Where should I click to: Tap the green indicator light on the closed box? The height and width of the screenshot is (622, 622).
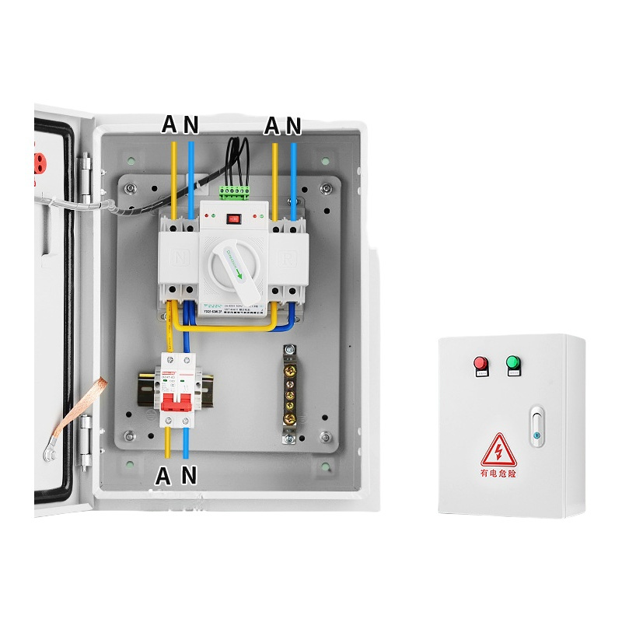tap(512, 363)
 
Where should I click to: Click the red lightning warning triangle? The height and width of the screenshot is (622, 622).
tap(495, 450)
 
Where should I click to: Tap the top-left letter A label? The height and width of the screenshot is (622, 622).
tap(169, 124)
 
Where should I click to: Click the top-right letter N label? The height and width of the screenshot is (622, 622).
tap(292, 124)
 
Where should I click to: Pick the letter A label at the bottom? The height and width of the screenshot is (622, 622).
tap(165, 474)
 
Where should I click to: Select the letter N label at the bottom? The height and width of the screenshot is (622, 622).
tap(189, 474)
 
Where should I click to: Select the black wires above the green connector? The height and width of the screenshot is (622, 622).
tap(237, 155)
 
